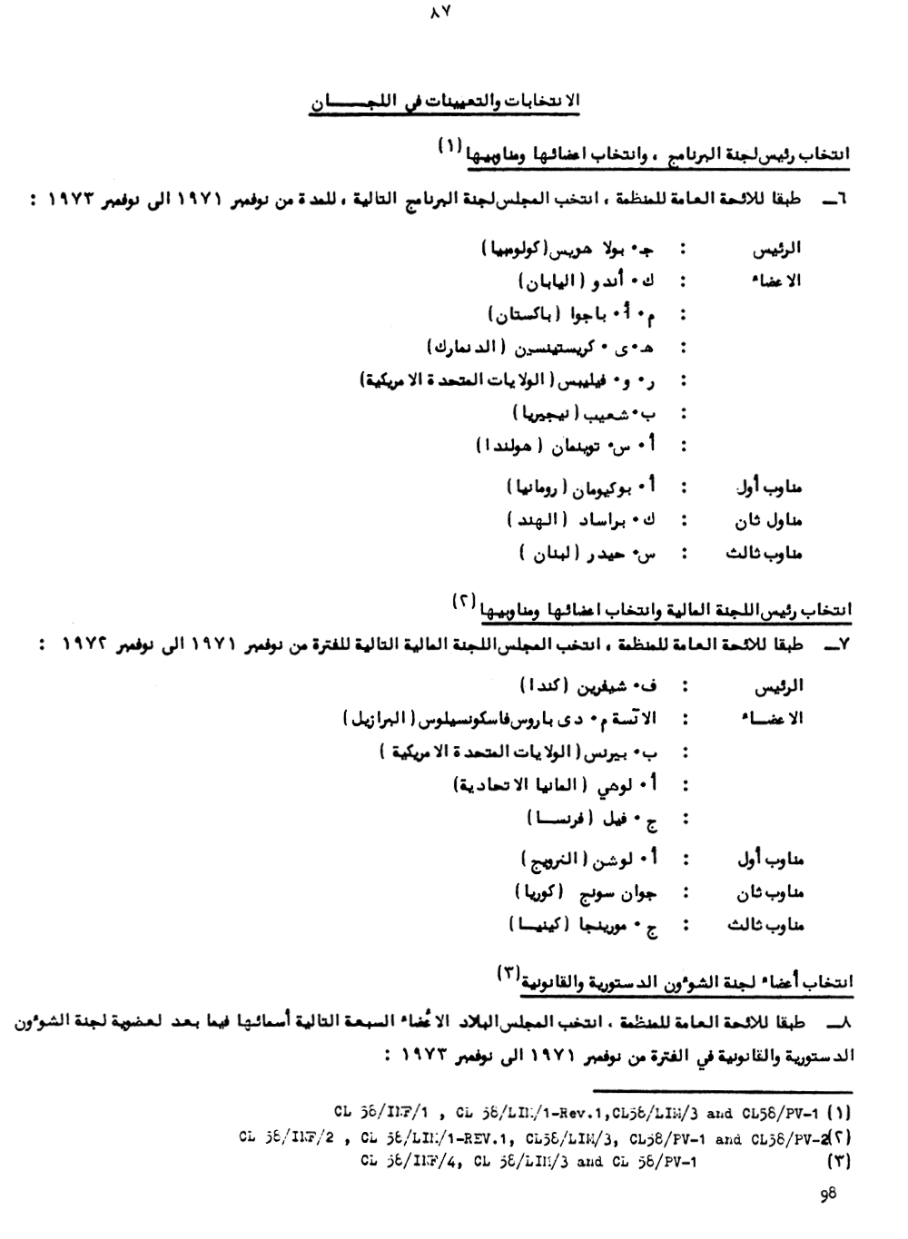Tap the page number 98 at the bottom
click(x=827, y=1195)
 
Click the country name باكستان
click(x=523, y=315)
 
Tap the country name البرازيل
click(x=374, y=719)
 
